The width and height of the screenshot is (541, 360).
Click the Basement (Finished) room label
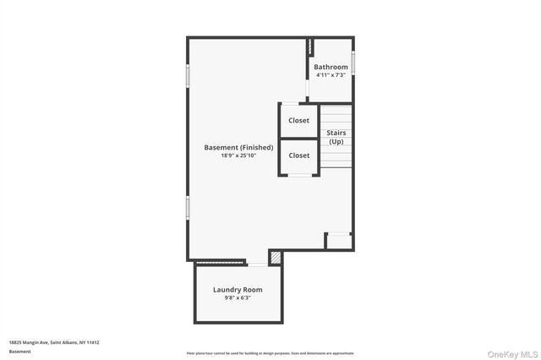tap(238, 148)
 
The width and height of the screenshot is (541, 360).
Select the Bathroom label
tap(331, 67)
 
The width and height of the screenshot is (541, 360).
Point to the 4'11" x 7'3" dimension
tap(331, 75)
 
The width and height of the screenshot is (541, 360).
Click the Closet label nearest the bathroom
tap(298, 121)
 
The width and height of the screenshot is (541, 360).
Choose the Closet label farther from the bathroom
tap(298, 155)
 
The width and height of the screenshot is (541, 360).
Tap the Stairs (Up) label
tap(336, 137)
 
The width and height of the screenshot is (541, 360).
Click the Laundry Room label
tap(238, 290)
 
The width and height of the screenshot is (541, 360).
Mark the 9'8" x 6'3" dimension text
tap(238, 297)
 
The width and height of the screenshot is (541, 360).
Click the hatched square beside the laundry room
tap(276, 256)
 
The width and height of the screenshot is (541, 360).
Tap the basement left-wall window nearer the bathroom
tap(188, 75)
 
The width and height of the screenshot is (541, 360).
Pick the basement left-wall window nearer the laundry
tap(188, 208)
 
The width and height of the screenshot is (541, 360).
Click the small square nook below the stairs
tap(339, 242)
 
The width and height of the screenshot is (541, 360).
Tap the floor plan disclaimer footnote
tap(270, 353)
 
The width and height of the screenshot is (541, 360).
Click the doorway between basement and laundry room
tap(257, 263)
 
